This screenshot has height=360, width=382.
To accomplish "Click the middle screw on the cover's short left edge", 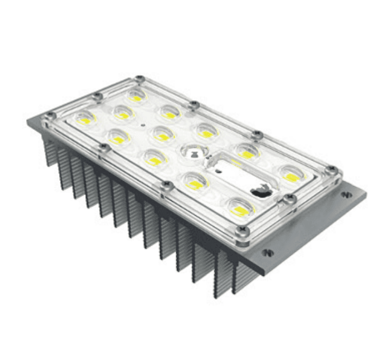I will pos(98,96).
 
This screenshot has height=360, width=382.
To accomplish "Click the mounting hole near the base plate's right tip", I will pos(346,194).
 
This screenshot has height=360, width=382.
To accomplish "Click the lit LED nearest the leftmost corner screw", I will pos(85,119).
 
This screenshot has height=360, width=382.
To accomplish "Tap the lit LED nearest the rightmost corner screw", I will pos(291,175).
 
